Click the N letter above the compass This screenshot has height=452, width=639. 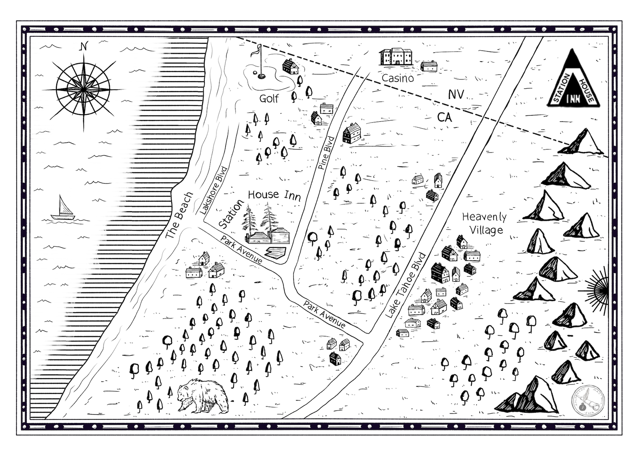coord(83,46)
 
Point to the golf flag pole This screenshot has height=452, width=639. coord(260,62)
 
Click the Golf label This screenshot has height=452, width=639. coord(269,98)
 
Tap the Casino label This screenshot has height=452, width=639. coord(397,78)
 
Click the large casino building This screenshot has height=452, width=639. coord(396,56)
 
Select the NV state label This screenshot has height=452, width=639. coord(456,94)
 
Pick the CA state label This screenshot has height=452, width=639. coord(445,117)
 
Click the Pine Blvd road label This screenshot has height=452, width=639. coord(326,153)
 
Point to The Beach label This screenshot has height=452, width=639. coord(179,216)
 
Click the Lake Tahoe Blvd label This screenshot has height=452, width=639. coord(405,285)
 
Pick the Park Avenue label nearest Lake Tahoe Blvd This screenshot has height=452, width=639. coord(324,314)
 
